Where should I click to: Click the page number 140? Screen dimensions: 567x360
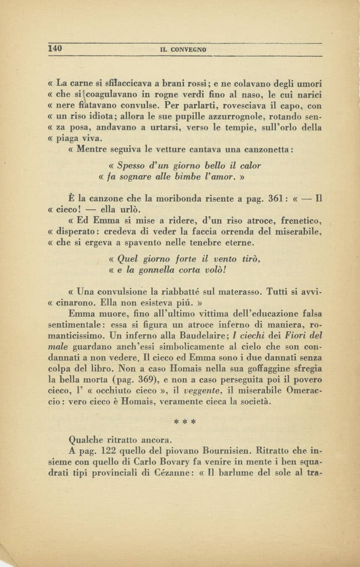click(55, 48)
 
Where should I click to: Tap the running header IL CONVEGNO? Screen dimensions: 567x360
click(184, 50)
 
